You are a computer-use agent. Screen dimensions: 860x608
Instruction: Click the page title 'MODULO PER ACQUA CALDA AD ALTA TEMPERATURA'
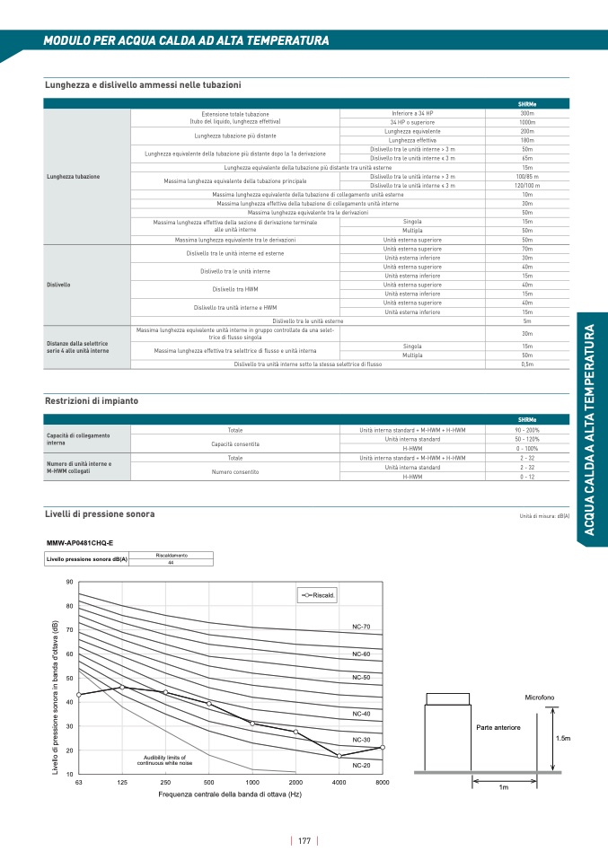coord(186,41)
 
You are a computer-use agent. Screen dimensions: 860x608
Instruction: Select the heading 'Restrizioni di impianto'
coord(91,400)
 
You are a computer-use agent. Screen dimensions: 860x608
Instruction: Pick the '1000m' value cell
coord(527,122)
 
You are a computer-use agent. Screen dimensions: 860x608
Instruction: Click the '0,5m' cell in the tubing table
coord(527,364)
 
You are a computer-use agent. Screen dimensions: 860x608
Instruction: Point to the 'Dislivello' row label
coord(58,285)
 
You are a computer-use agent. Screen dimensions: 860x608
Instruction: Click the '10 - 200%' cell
coord(527,431)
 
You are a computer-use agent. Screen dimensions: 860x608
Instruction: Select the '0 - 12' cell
coord(527,477)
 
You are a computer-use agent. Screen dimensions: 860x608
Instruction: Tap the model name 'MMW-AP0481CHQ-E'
coord(80,543)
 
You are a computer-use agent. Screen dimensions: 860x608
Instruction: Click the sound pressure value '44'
coord(171,562)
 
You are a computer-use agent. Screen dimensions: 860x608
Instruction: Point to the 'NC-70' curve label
coord(361,626)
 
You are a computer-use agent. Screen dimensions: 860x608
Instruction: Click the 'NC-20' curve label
coord(361,765)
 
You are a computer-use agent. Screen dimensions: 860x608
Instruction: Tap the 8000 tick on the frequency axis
coord(382,783)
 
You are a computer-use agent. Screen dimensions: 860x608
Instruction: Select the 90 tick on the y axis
coord(69,583)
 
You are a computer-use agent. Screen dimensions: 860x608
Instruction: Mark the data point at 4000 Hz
coord(339,756)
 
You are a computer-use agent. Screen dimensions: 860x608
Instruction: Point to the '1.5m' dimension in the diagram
coord(563,738)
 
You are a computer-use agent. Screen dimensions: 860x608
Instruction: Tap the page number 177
coord(304,841)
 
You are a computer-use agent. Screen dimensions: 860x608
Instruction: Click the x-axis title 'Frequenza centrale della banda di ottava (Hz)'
coord(231,795)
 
